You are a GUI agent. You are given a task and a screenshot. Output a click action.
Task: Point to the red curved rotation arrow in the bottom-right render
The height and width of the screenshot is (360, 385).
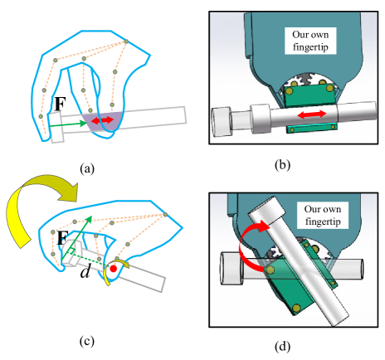pos(246,249)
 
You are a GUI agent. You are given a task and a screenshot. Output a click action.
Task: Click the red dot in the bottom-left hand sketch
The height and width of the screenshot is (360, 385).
pos(112,269)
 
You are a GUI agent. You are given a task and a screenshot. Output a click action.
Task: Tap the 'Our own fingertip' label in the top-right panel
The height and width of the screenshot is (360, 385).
pos(312,42)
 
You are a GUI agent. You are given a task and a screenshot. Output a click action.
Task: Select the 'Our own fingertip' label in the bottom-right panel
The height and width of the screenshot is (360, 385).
pos(326,216)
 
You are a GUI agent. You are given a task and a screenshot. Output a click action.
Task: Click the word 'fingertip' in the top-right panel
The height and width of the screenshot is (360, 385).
pos(312,49)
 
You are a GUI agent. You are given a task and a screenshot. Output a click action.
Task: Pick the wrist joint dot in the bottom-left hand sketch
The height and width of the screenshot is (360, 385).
pos(165,214)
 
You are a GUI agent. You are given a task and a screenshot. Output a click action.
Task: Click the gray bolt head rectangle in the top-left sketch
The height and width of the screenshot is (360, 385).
pos(57,127)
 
